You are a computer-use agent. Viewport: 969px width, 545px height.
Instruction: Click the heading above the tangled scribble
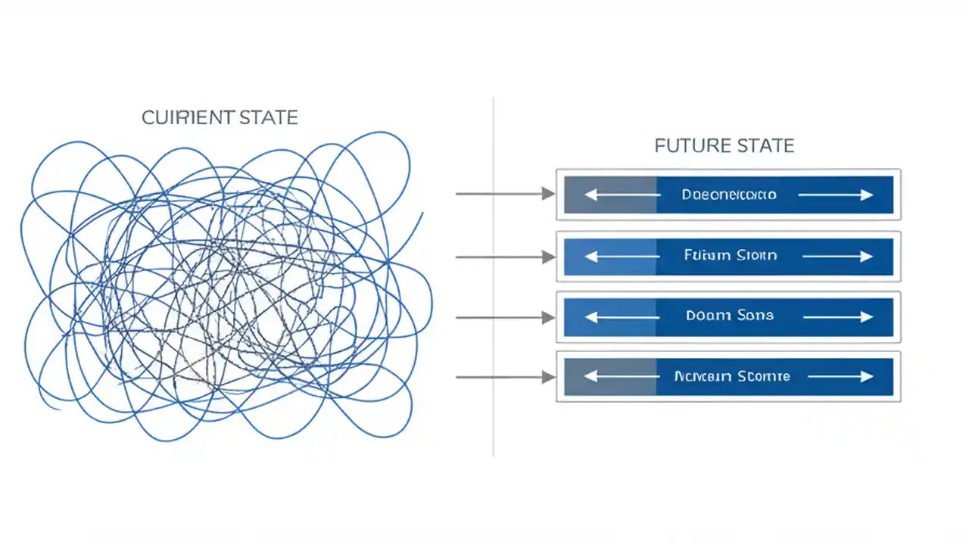pyautogui.click(x=220, y=118)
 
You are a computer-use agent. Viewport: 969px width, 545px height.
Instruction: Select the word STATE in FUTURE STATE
pyautogui.click(x=765, y=145)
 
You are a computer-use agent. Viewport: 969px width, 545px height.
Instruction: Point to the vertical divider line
pyautogui.click(x=493, y=276)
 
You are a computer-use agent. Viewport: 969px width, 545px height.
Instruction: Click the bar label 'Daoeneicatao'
pyautogui.click(x=728, y=195)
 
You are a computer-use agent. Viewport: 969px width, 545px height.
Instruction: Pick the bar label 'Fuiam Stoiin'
pyautogui.click(x=730, y=256)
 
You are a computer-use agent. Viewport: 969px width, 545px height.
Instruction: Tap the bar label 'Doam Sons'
pyautogui.click(x=730, y=316)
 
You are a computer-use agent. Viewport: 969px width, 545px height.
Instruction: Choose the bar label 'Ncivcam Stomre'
pyautogui.click(x=731, y=376)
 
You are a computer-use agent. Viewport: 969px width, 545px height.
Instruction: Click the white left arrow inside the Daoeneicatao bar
pyautogui.click(x=622, y=195)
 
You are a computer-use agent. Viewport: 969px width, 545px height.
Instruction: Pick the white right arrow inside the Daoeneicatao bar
pyautogui.click(x=836, y=195)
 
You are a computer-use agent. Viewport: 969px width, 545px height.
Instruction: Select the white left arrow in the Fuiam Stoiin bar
pyautogui.click(x=622, y=257)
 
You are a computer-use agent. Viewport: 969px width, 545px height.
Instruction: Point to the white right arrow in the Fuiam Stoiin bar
pyautogui.click(x=837, y=257)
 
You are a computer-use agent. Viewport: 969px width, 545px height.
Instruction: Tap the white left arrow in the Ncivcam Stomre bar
pyautogui.click(x=622, y=377)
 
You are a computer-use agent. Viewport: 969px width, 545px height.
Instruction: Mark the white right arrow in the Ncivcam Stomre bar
pyautogui.click(x=840, y=377)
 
